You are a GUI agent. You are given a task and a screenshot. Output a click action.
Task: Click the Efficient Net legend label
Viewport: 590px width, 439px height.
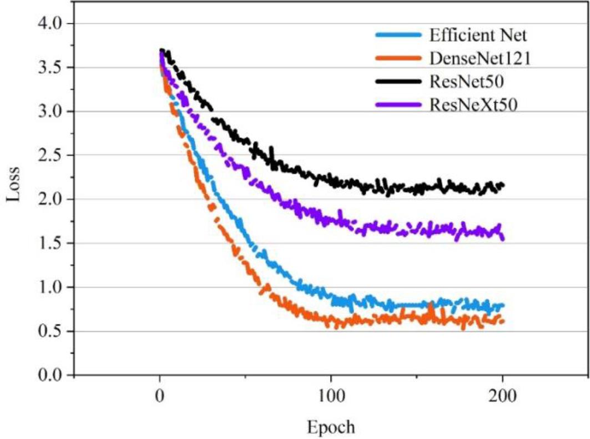tap(477, 36)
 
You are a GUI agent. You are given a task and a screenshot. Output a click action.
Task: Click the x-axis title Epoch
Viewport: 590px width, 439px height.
tap(330, 427)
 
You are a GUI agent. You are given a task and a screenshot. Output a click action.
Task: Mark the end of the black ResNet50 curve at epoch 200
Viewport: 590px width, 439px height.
tap(502, 185)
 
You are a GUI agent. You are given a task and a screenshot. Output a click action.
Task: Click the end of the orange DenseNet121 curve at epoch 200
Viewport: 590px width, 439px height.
tap(502, 321)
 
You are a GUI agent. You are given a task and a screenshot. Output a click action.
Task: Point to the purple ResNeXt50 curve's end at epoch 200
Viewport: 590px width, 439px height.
tap(502, 238)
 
